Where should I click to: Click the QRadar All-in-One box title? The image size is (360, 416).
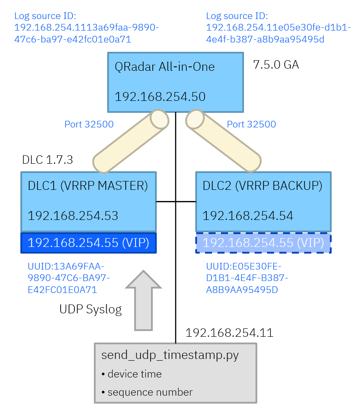(164, 67)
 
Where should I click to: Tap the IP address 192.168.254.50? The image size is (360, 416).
(160, 97)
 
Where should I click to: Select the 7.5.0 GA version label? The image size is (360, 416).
(276, 65)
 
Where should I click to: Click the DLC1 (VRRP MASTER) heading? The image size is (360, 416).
(88, 186)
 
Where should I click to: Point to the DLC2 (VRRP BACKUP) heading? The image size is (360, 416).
(262, 186)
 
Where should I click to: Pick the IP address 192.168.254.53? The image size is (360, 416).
(73, 216)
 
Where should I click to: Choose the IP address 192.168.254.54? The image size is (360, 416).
(248, 216)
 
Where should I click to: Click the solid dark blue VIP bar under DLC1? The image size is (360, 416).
(89, 243)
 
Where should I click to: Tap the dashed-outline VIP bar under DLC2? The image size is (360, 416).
(263, 243)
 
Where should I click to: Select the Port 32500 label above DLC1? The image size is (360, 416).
(89, 124)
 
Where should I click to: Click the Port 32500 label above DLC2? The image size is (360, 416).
(251, 124)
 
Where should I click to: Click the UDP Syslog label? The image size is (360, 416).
(90, 309)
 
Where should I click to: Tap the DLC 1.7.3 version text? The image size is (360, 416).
(47, 160)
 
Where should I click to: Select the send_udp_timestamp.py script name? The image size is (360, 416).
(170, 355)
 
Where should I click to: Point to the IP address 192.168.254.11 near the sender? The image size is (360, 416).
(229, 332)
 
